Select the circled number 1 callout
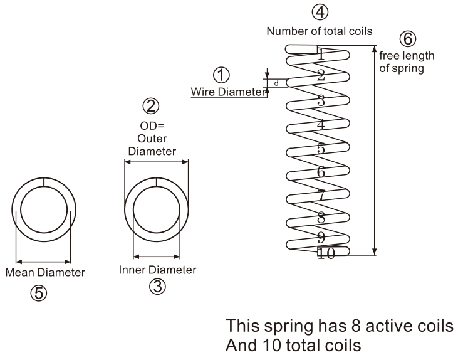221,76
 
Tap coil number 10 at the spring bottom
326,253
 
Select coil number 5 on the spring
320,149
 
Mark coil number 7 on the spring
321,195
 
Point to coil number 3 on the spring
320,101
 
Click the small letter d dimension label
276,83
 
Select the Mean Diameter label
45,273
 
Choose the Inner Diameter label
157,270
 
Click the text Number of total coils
320,30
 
